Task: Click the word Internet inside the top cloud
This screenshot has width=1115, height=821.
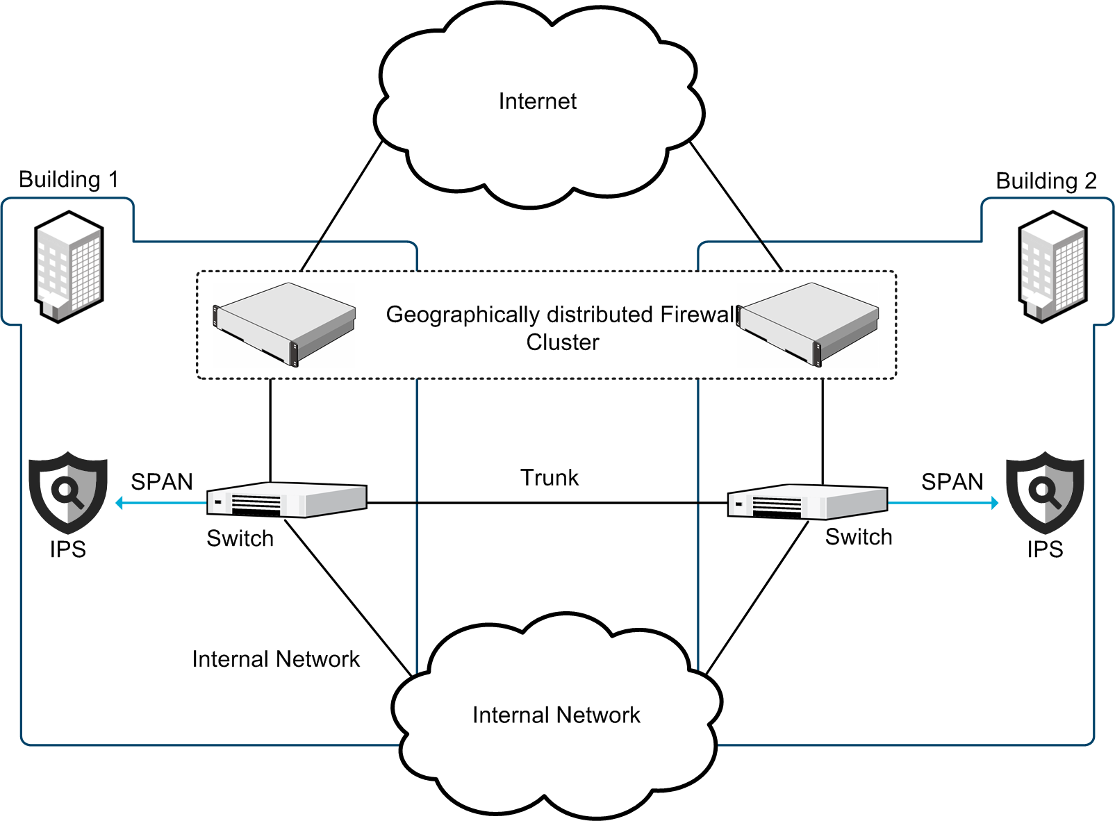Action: coord(537,101)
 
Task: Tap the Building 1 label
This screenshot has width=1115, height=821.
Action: coord(68,179)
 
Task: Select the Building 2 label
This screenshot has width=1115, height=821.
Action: coord(1046,181)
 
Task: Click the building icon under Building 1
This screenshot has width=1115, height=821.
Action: coord(69,267)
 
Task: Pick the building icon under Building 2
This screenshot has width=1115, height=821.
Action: coord(1052,267)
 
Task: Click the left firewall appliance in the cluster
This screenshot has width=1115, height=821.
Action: coord(284,324)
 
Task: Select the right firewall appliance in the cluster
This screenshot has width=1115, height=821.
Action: coord(808,324)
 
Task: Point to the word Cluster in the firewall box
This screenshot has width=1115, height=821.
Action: coord(562,342)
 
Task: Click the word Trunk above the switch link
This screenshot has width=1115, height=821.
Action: coord(549,478)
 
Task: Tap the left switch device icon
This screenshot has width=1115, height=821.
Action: coord(286,500)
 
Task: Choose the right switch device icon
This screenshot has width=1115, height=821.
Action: coord(807,502)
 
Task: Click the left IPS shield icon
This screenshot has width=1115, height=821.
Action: coord(67,492)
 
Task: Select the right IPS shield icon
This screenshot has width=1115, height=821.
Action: coord(1045,492)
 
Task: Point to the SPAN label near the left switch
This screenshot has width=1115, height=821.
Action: coord(161,482)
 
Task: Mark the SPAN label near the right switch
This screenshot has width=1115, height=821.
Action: coord(952,482)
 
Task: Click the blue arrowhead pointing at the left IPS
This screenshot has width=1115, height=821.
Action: coord(120,503)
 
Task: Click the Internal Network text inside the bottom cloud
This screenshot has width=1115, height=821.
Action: coord(556,715)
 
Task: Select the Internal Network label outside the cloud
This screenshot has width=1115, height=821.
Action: coord(276,659)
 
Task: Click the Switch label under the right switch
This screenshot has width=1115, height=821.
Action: coord(858,537)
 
